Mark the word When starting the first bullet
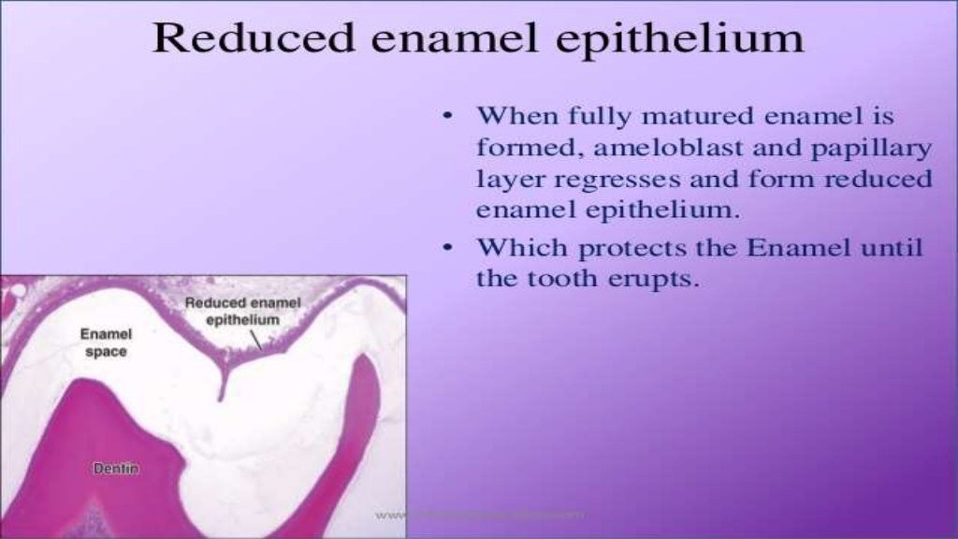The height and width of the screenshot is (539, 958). coord(517,118)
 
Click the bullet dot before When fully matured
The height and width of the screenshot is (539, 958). coord(448,118)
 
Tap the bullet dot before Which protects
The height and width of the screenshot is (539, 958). coord(448,249)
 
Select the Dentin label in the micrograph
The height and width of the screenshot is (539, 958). coord(116,469)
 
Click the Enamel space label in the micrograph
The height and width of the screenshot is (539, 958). coord(106,342)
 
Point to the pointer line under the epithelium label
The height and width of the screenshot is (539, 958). coord(255,340)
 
